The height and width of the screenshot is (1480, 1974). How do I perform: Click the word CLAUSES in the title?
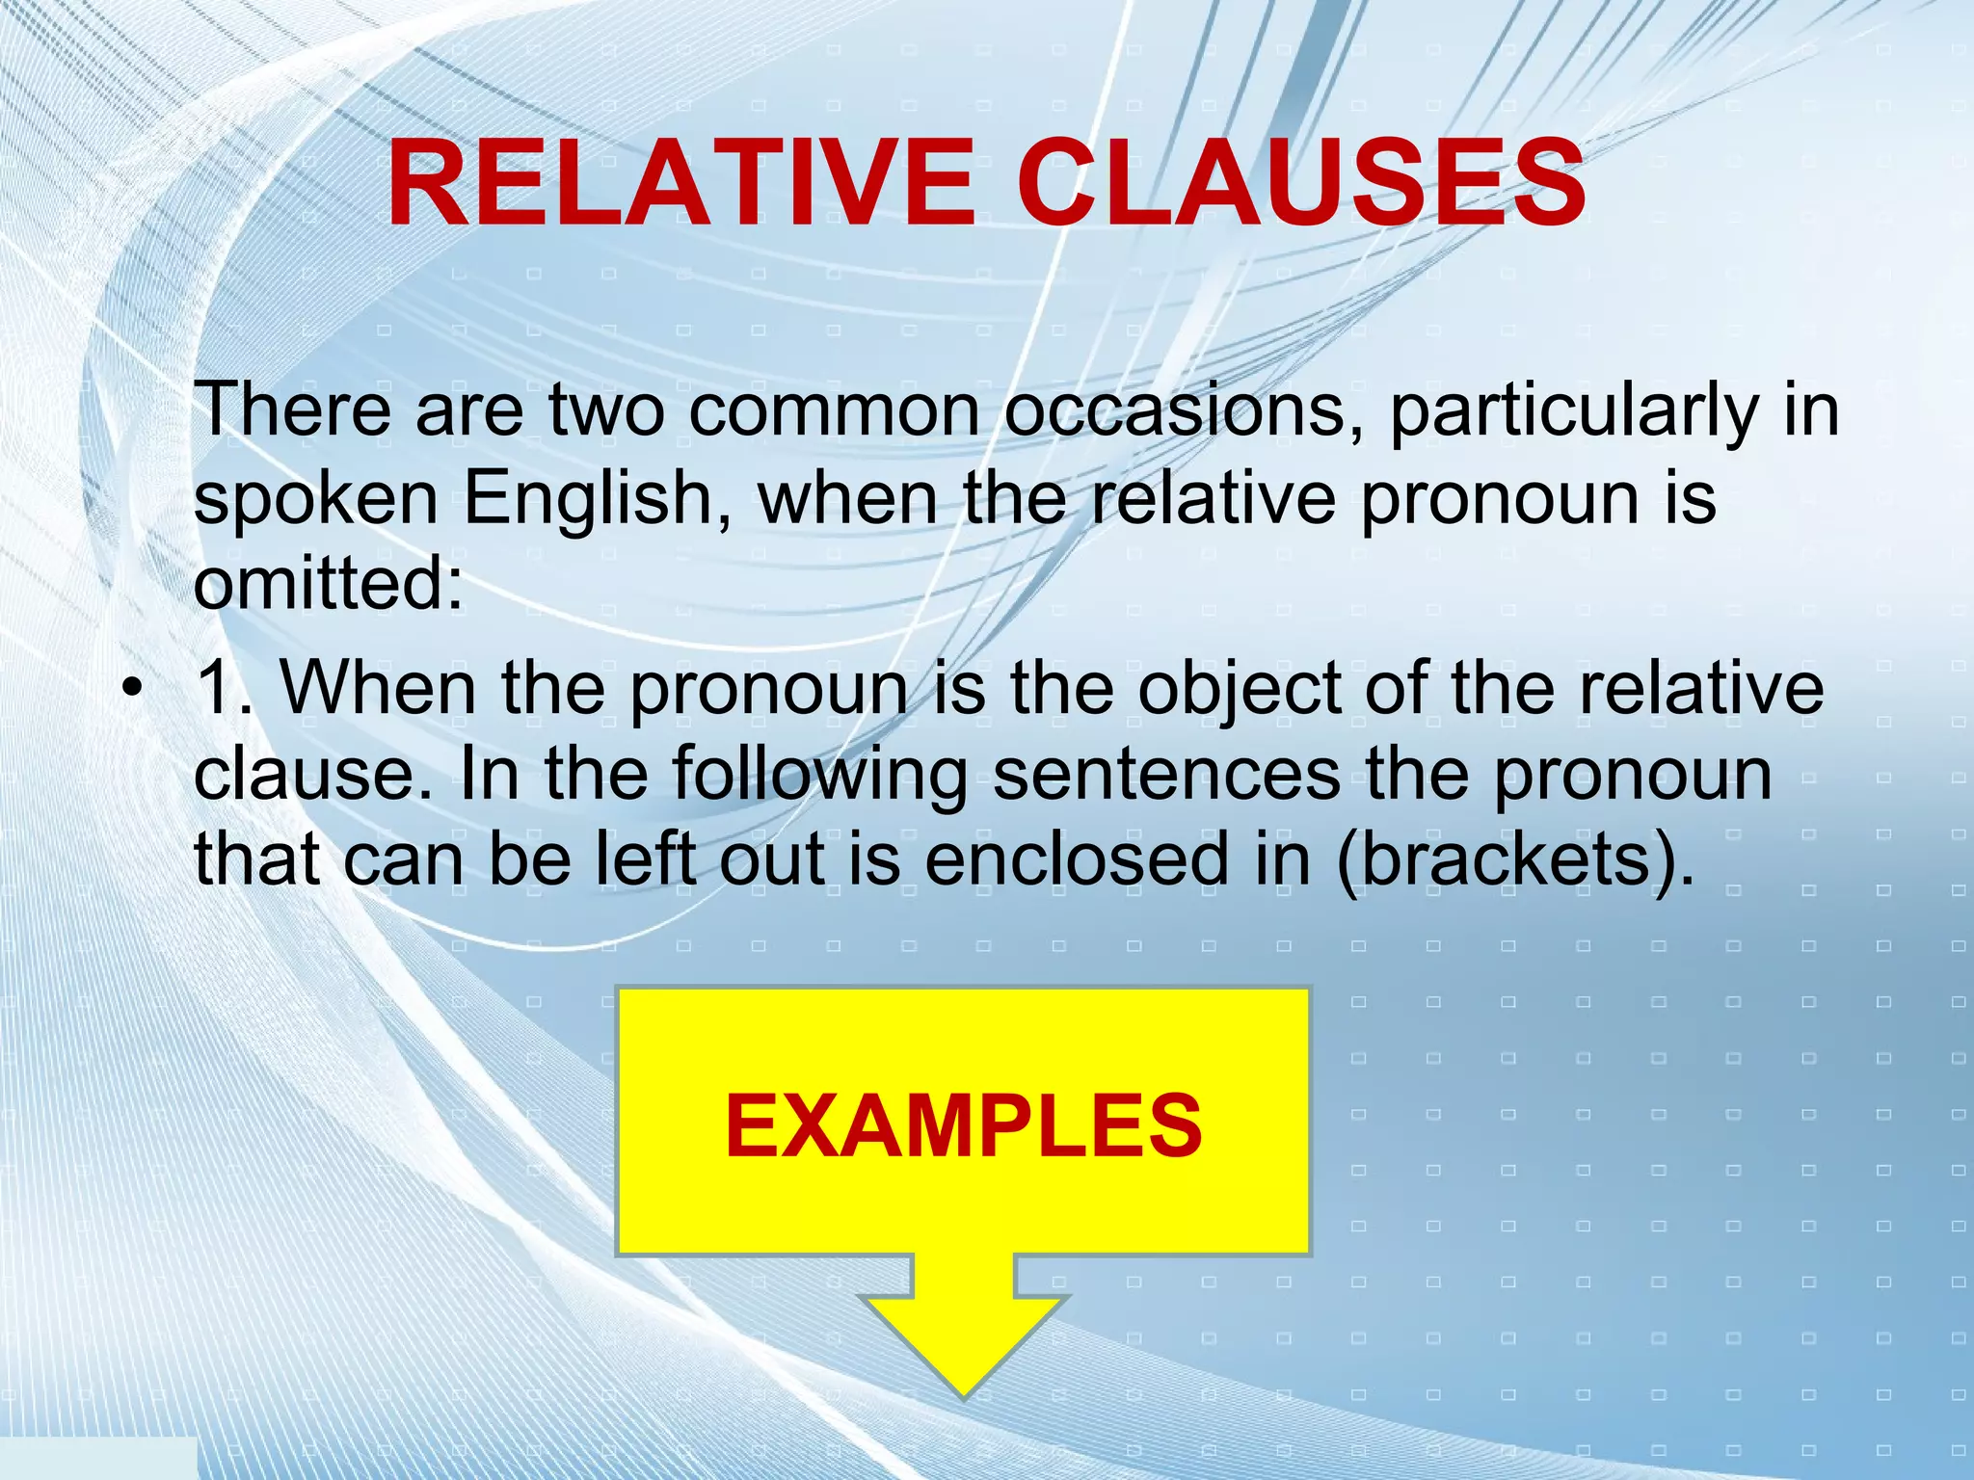click(x=1301, y=183)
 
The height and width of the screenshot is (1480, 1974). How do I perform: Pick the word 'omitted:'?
click(x=328, y=584)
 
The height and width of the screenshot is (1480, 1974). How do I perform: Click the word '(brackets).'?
click(x=1513, y=859)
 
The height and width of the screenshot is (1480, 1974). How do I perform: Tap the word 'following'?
click(x=819, y=777)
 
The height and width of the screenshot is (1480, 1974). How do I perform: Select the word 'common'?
click(x=835, y=412)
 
